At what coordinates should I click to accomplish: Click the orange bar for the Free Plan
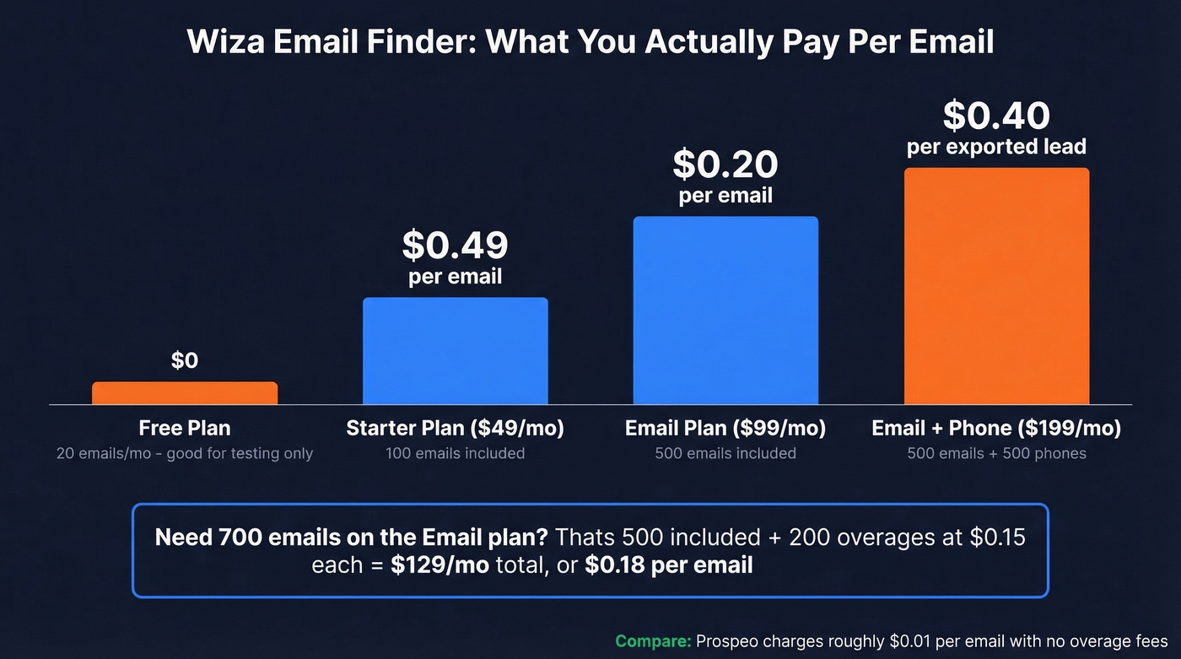pyautogui.click(x=185, y=393)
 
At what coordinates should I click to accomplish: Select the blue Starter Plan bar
pyautogui.click(x=456, y=351)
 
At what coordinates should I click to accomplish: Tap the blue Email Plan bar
pyautogui.click(x=725, y=311)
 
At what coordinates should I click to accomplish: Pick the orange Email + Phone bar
pyautogui.click(x=996, y=286)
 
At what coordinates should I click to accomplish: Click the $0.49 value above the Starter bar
pyautogui.click(x=456, y=245)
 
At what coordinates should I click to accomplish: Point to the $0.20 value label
pyautogui.click(x=725, y=165)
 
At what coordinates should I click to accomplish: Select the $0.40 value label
pyautogui.click(x=996, y=116)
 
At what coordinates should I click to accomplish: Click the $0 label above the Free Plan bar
pyautogui.click(x=185, y=361)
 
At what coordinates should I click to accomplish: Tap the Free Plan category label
pyautogui.click(x=185, y=429)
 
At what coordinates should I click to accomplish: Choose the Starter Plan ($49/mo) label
pyautogui.click(x=456, y=429)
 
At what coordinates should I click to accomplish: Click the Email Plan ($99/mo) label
pyautogui.click(x=725, y=429)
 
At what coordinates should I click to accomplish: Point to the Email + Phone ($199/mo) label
pyautogui.click(x=996, y=429)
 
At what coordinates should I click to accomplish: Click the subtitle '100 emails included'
pyautogui.click(x=456, y=454)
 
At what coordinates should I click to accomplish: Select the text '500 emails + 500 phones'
pyautogui.click(x=996, y=454)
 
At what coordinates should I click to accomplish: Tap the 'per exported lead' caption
pyautogui.click(x=996, y=148)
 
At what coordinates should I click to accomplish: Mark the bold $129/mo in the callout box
pyautogui.click(x=440, y=564)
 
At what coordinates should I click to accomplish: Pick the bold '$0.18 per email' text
pyautogui.click(x=669, y=564)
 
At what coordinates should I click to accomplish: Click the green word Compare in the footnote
pyautogui.click(x=653, y=641)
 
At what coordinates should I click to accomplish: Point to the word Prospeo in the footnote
pyautogui.click(x=731, y=641)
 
